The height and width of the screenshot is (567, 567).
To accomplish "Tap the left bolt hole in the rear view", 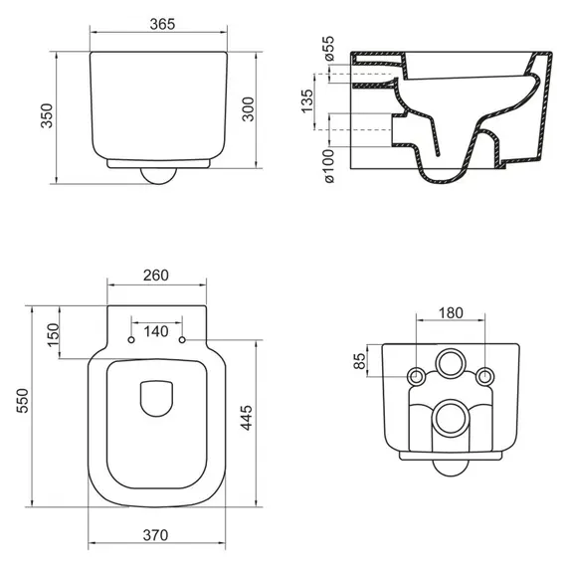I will [x=415, y=376].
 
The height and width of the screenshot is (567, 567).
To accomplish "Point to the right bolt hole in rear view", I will [x=484, y=376].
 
